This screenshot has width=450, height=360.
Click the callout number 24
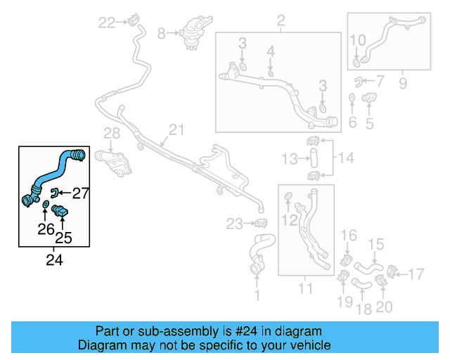point(54,260)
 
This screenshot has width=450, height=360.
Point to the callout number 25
point(63,238)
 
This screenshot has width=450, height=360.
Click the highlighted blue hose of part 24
point(53,173)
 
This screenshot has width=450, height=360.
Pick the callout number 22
point(106,23)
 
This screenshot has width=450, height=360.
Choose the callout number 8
point(161,32)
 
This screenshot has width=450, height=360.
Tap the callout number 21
point(175,130)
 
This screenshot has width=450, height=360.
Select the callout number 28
point(112,134)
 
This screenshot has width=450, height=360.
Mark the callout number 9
point(403,84)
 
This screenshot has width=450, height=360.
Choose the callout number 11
point(305,288)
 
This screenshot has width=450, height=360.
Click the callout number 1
point(257,296)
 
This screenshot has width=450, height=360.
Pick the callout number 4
point(271,51)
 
